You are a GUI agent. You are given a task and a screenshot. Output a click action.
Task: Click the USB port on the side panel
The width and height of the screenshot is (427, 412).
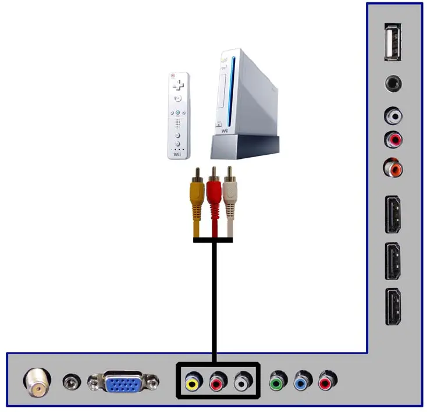pyautogui.click(x=394, y=42)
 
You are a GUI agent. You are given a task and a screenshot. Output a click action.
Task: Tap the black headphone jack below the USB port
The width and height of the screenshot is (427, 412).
pyautogui.click(x=394, y=84)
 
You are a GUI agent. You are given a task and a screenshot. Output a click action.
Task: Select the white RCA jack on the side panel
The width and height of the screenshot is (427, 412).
pyautogui.click(x=394, y=116)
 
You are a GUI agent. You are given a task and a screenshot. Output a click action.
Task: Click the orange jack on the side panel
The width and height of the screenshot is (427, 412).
pyautogui.click(x=393, y=169)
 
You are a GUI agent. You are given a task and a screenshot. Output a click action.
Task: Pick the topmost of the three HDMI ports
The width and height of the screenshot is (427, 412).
pyautogui.click(x=393, y=215)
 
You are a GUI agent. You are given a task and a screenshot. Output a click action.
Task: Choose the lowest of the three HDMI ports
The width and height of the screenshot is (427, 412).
pyautogui.click(x=393, y=307)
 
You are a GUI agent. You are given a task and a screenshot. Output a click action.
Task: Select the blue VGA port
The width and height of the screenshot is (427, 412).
pyautogui.click(x=123, y=382)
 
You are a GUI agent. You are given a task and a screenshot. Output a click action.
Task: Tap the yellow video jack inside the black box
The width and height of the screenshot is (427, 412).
pyautogui.click(x=191, y=382)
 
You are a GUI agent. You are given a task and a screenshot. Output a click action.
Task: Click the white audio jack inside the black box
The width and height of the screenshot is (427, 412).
pyautogui.click(x=243, y=382)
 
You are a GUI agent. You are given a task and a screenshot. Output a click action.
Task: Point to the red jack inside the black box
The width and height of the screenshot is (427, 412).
pyautogui.click(x=218, y=382)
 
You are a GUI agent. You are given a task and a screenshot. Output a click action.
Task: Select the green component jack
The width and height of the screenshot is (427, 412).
pyautogui.click(x=277, y=382)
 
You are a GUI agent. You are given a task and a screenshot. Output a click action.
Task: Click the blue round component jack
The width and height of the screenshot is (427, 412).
pyautogui.click(x=302, y=382)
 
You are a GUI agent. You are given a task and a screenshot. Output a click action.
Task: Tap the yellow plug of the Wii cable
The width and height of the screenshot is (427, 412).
pyautogui.click(x=197, y=201)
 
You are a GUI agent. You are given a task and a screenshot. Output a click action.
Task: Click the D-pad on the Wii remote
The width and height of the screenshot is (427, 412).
pyautogui.click(x=179, y=86)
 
